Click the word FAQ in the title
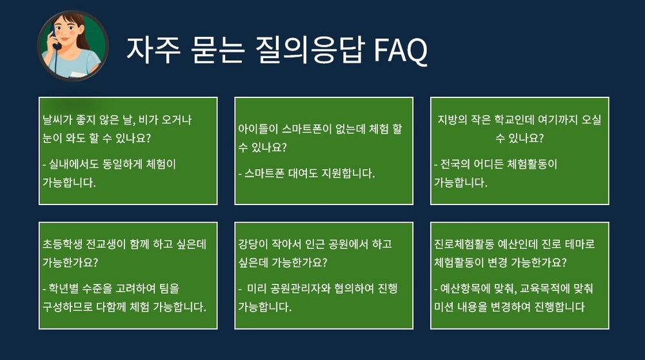point(401,50)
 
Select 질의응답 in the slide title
point(310,50)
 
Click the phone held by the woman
point(54,37)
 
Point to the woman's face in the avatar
point(65,32)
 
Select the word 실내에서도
point(74,164)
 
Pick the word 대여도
point(303,173)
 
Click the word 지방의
point(452,120)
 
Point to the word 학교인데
point(514,120)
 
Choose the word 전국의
point(455,164)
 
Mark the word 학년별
point(63,288)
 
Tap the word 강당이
point(253,244)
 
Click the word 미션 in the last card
point(444,306)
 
